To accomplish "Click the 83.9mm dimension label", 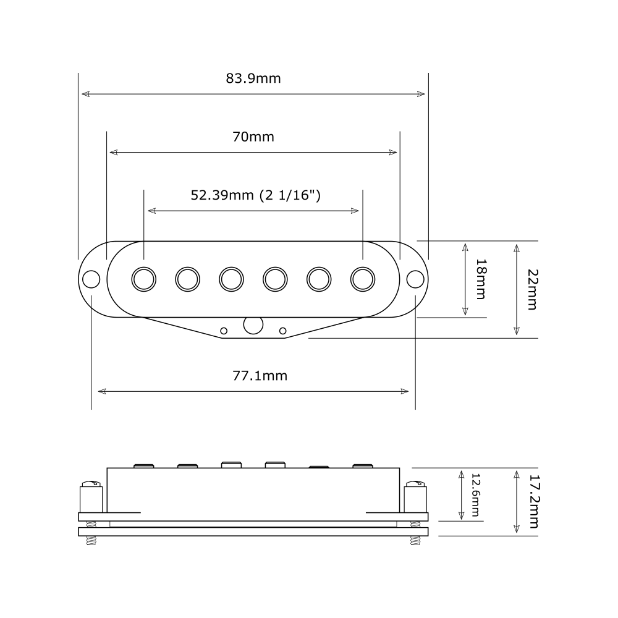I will point(253,78).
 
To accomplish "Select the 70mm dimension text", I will point(253,137).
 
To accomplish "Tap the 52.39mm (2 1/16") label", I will point(255,195).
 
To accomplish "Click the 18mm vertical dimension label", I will point(481,279).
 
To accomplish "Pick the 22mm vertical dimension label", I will point(531,289).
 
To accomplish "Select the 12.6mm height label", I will point(475,495).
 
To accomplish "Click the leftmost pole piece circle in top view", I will point(144,279).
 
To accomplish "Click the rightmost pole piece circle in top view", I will point(363,279).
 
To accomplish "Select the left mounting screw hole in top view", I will point(91,279).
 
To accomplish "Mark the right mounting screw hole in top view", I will point(415,279).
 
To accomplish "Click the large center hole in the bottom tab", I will point(253,325).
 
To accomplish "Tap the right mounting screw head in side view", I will point(416,483).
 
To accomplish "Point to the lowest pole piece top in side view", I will point(319,467).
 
